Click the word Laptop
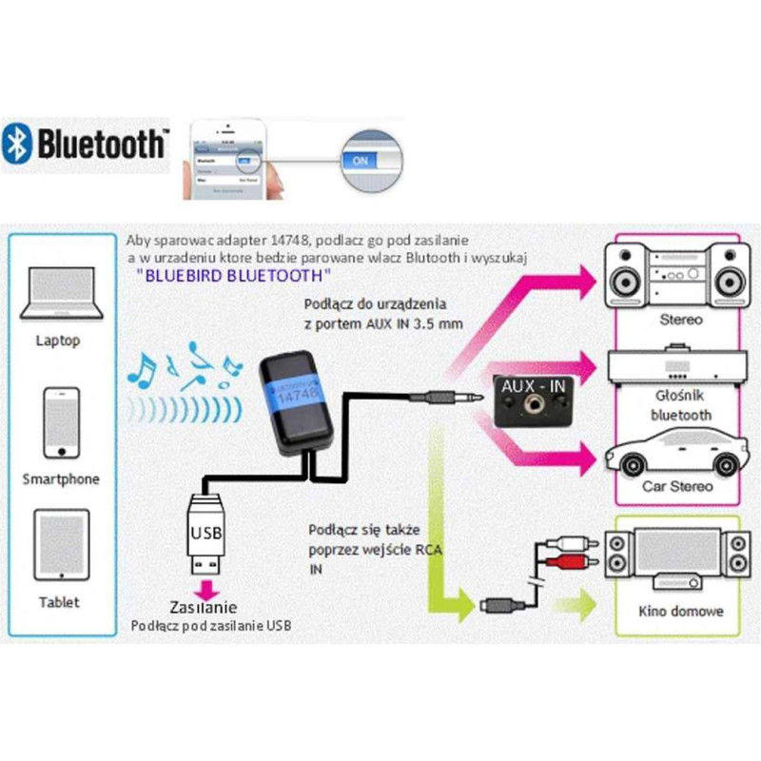coord(59,340)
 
